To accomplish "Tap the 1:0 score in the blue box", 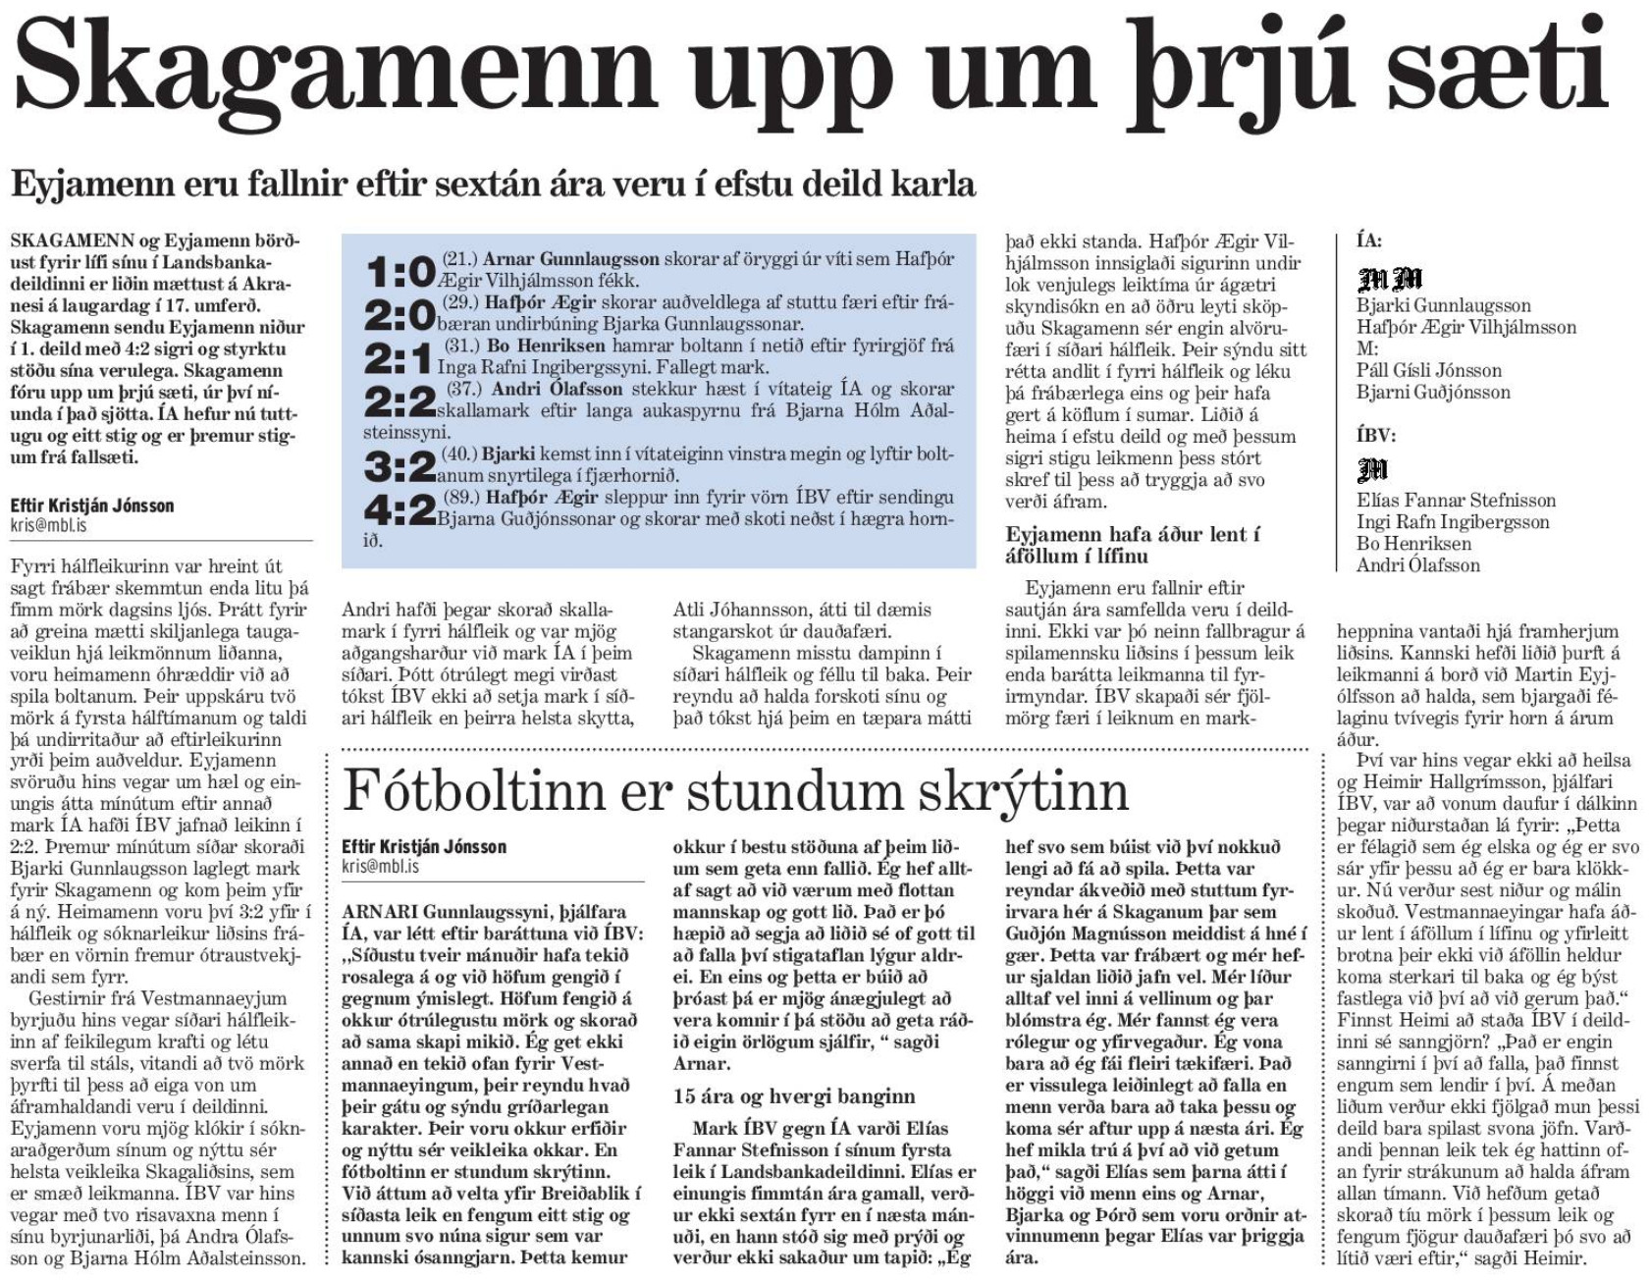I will (399, 271).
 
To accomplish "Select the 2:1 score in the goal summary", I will (398, 358).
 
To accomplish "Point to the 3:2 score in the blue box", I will (399, 466).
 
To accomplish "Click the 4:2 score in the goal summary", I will (399, 509).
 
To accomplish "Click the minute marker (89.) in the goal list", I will (461, 498).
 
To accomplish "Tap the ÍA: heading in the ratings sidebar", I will (1369, 241).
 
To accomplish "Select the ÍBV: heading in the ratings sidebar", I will (1376, 435).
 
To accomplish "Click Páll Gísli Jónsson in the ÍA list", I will (1429, 370).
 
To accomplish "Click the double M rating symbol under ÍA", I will (1377, 280).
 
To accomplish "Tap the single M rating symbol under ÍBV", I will (1371, 472).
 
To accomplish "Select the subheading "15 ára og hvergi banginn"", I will (793, 1095).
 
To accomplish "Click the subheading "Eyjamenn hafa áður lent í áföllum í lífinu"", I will (1132, 545).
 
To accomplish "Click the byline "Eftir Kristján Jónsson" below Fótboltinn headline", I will (424, 846).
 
